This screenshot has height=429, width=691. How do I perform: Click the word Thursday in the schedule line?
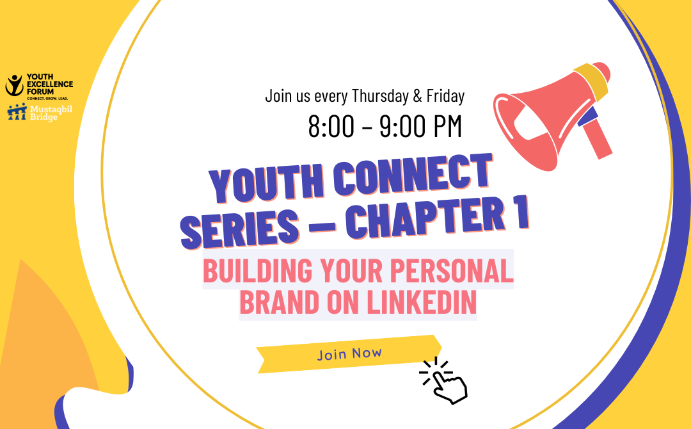tap(379, 97)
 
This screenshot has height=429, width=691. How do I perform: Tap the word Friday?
tap(445, 97)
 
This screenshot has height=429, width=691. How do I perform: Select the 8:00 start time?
tap(331, 126)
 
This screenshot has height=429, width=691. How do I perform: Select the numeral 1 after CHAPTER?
tap(521, 213)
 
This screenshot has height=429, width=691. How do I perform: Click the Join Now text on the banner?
tap(349, 353)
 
